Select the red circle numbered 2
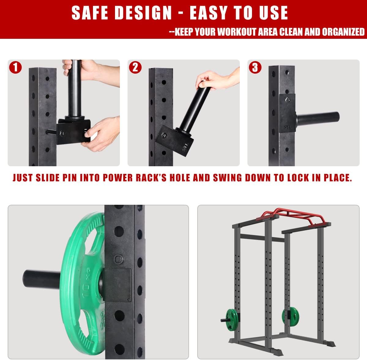point(135,67)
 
